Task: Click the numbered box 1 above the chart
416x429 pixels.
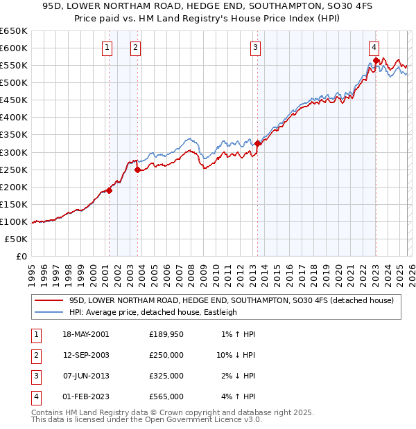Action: [x=107, y=48]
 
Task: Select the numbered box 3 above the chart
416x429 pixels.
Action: [x=256, y=48]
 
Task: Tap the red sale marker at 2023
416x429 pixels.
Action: [x=376, y=60]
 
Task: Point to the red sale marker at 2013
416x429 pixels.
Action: [x=257, y=143]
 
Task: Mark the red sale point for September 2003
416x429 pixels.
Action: [x=138, y=170]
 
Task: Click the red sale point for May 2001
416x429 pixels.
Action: [x=109, y=190]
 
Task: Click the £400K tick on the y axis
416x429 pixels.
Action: [x=14, y=117]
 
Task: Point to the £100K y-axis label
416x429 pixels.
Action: [x=14, y=221]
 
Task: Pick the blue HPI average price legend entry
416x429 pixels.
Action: [x=153, y=312]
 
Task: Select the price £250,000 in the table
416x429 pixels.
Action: [x=166, y=355]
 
